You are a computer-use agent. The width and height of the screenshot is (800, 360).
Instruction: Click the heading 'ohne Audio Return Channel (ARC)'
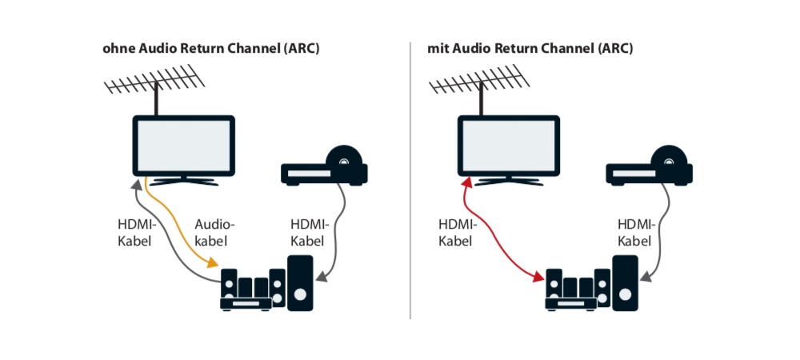tap(211, 49)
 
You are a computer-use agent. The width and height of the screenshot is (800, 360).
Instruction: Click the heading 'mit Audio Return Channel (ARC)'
tap(530, 49)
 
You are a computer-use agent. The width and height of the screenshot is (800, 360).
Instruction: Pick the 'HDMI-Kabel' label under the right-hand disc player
tap(637, 232)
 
